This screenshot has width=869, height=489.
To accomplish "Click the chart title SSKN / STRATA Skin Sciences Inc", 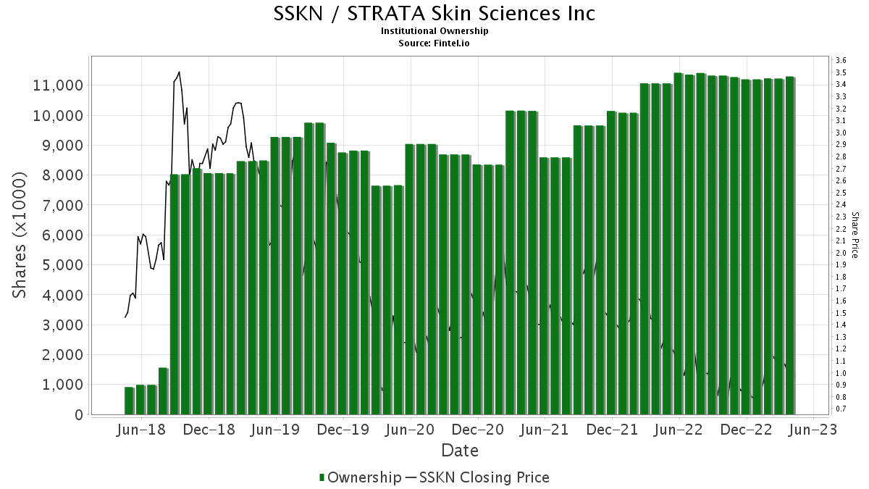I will click(x=434, y=13).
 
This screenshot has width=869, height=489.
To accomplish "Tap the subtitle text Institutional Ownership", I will click(x=434, y=31).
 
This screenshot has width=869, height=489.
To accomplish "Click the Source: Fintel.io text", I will click(x=434, y=43).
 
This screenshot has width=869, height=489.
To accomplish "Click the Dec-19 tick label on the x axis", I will click(x=343, y=430).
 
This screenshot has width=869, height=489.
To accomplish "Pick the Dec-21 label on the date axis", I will click(x=612, y=430).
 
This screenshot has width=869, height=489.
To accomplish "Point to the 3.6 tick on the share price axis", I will click(x=841, y=60).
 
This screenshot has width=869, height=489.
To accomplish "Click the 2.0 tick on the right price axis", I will click(x=841, y=253).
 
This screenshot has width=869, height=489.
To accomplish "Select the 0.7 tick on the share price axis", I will click(x=841, y=409).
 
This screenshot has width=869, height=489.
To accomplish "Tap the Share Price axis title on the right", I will click(x=855, y=235).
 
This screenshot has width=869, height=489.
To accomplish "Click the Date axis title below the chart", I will click(x=460, y=451).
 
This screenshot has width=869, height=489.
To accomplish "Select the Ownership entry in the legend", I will click(x=360, y=477).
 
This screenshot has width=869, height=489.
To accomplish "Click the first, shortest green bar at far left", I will click(x=129, y=401).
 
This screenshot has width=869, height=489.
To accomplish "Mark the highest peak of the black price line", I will click(x=179, y=72).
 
